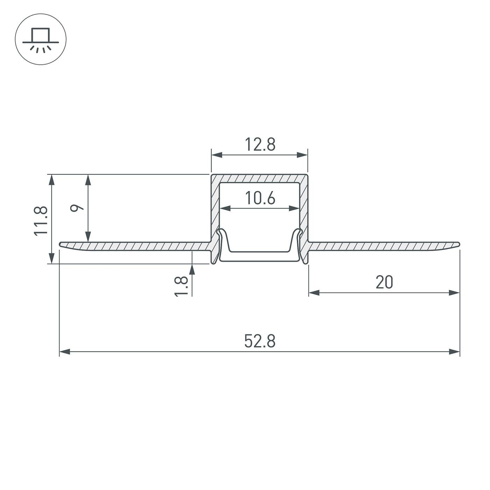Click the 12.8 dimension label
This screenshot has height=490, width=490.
[x=260, y=145]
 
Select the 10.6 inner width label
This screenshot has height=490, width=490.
[x=260, y=198]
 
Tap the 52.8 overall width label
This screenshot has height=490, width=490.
[x=260, y=341]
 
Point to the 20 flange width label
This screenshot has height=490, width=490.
[x=384, y=282]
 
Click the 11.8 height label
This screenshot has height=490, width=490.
[x=41, y=221]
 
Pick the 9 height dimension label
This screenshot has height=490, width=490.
[x=77, y=208]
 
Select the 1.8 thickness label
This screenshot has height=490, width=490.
[x=181, y=286]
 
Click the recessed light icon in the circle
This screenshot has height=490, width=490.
[x=41, y=39]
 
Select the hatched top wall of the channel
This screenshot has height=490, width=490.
[x=260, y=178]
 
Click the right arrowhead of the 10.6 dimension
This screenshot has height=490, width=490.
[x=294, y=209]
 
